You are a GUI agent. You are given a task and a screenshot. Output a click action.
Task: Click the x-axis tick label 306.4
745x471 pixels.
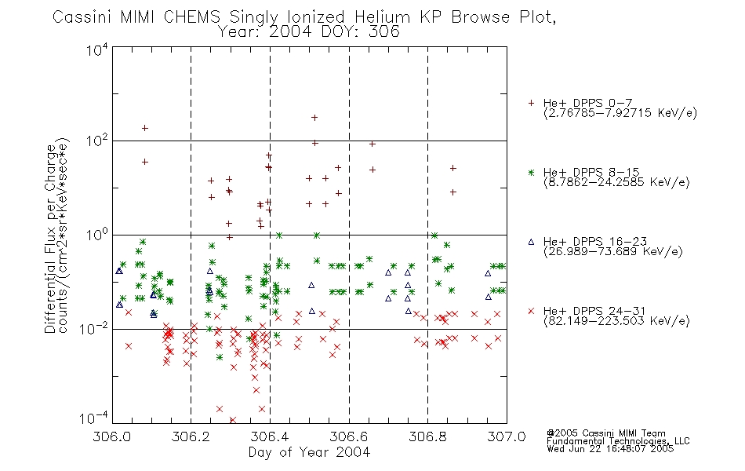[x=270, y=436]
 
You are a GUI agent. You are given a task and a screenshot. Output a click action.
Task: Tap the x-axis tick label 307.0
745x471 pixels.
[x=507, y=436]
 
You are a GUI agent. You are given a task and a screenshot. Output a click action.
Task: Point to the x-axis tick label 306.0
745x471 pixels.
[x=112, y=436]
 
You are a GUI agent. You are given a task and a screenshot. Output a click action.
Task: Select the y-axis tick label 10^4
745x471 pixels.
[x=97, y=49]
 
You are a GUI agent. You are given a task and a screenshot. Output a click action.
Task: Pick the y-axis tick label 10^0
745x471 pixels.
[x=97, y=235]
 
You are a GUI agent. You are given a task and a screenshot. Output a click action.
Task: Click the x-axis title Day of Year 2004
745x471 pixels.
[x=309, y=452]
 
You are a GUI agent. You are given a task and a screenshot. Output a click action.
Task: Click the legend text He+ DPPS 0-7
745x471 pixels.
[x=587, y=104]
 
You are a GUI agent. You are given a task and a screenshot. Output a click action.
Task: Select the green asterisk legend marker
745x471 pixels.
[x=531, y=173]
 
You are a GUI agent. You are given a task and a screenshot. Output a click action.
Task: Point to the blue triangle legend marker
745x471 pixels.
[x=531, y=242]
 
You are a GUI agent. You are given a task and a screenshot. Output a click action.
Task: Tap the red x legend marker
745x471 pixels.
[x=531, y=311]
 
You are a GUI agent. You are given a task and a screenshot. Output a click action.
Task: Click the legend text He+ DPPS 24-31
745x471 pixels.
[x=594, y=311]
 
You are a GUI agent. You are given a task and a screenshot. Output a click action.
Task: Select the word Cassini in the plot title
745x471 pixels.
[x=82, y=17]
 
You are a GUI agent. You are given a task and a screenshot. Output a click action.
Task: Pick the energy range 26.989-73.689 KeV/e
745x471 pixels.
[x=613, y=251]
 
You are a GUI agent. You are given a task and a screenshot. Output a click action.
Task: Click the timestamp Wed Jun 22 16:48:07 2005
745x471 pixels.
[x=610, y=449]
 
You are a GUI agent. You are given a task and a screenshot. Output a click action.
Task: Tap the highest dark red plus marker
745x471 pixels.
[x=314, y=118]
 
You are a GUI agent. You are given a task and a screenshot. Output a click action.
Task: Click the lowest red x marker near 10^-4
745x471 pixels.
[x=233, y=420]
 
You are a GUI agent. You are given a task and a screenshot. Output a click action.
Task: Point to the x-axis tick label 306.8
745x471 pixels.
[x=427, y=436]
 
